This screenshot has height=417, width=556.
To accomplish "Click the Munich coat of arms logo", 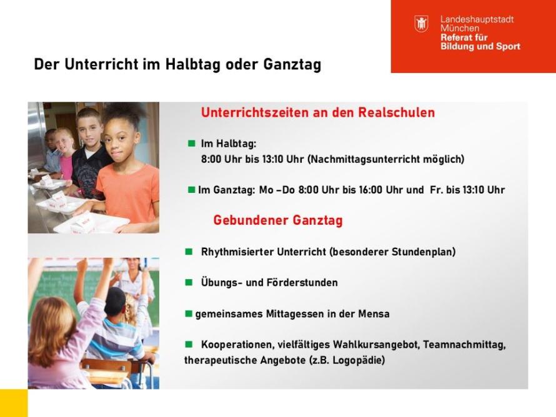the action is click(421, 24).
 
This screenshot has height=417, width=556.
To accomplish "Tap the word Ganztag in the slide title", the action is click(292, 64).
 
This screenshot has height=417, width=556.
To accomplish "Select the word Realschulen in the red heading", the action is click(397, 112).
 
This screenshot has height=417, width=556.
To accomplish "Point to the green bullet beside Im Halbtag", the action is click(192, 143).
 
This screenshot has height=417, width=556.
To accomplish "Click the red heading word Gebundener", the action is click(251, 220).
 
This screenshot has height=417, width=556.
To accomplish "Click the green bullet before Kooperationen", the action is click(189, 344).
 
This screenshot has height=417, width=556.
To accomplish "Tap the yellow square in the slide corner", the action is click(14, 403).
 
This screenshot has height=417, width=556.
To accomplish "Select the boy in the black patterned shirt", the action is click(88, 156).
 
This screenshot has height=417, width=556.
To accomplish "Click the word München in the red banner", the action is click(460, 28).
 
